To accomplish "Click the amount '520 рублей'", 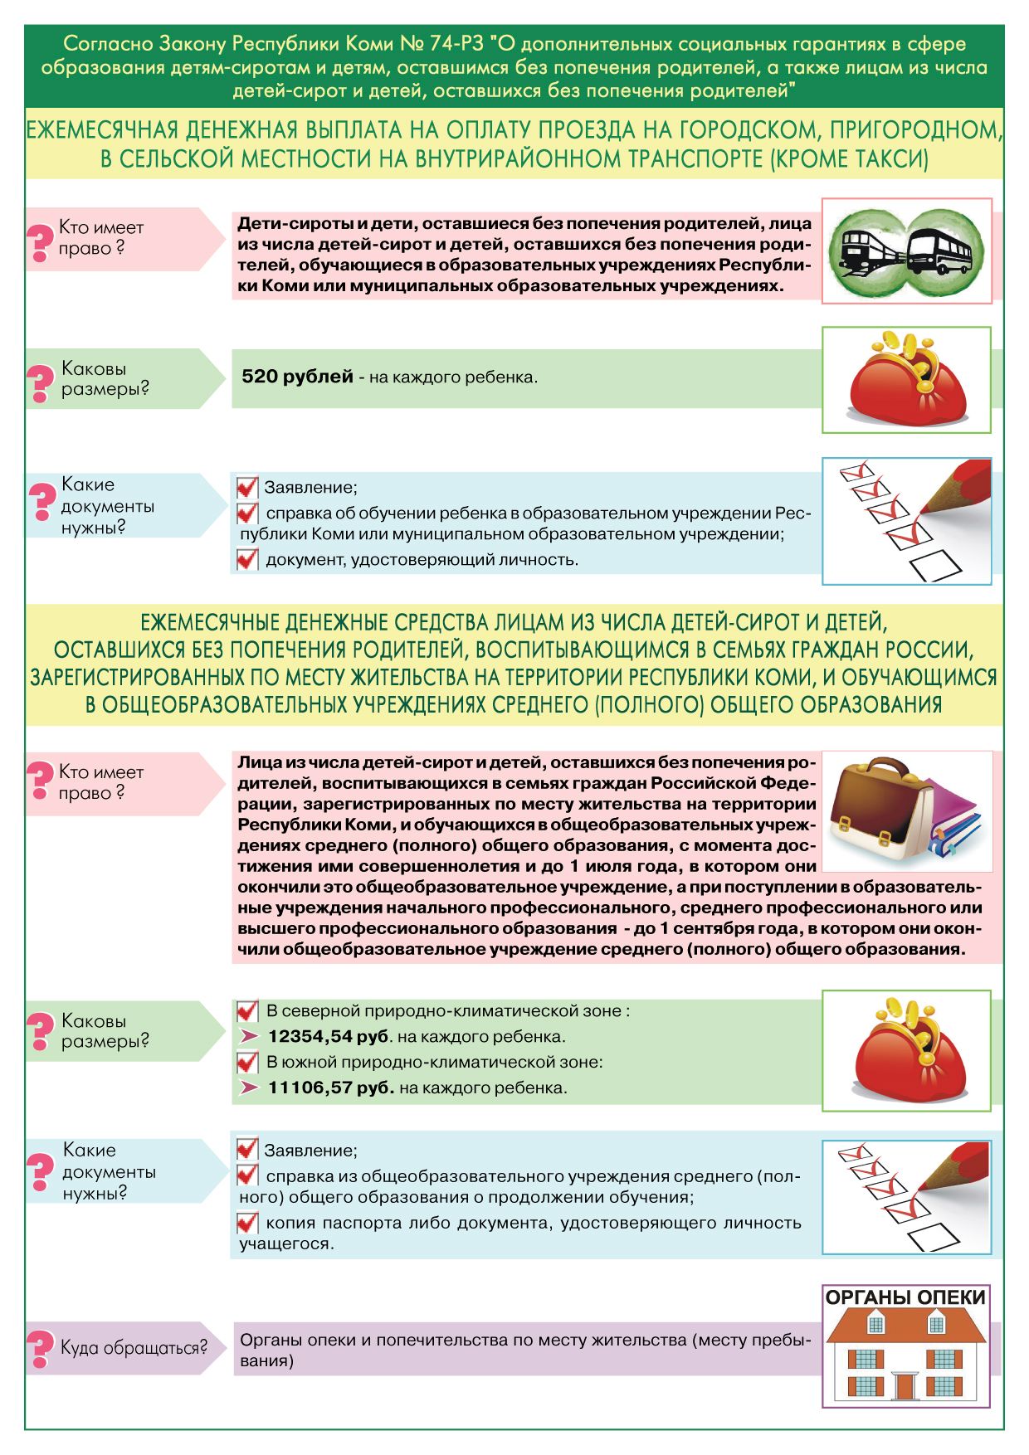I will click(297, 377).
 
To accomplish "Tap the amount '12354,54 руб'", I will click(329, 1036).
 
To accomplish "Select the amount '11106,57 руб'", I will click(330, 1087).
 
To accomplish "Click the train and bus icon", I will click(906, 251).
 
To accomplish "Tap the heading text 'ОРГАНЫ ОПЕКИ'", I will click(905, 1297).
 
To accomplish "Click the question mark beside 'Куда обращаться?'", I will click(40, 1348).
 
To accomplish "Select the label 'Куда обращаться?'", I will click(133, 1348).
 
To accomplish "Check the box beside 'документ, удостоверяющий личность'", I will click(247, 560).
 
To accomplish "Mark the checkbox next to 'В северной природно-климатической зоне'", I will click(247, 1011).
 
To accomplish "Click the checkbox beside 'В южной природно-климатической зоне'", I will click(247, 1062).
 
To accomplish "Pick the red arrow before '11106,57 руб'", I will click(249, 1087).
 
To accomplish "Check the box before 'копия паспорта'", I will click(247, 1223).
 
